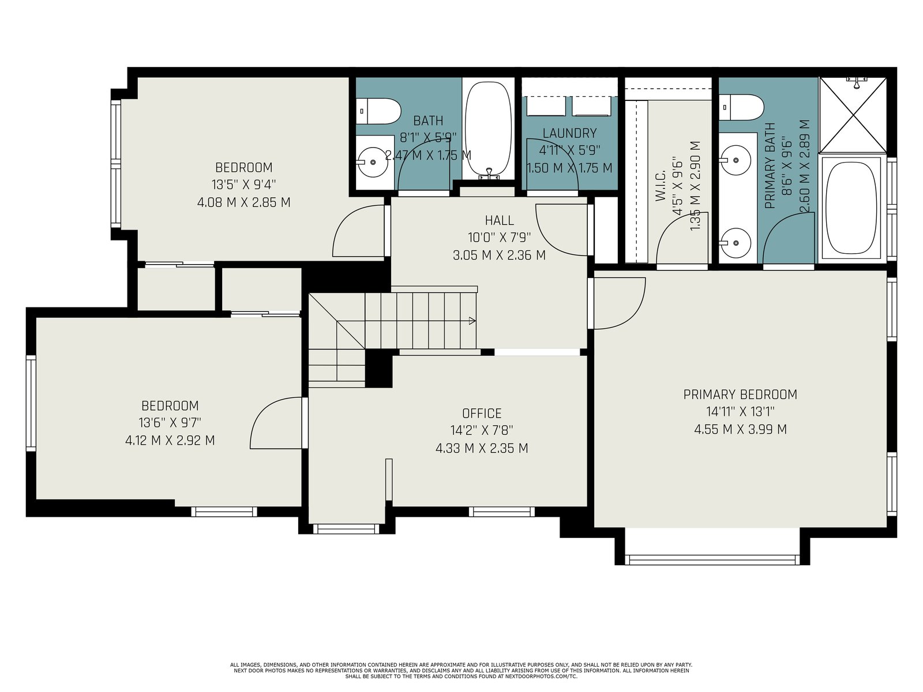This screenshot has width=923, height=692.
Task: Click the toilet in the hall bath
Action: tap(378, 111)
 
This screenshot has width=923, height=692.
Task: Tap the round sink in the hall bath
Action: tap(373, 162)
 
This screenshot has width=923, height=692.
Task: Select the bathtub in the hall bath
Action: tap(489, 129)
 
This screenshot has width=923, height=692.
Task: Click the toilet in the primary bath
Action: tap(741, 107)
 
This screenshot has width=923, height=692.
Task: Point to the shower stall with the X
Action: tap(853, 115)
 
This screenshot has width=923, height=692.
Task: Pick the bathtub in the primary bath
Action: tap(851, 208)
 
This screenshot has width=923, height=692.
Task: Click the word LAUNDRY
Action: tap(569, 133)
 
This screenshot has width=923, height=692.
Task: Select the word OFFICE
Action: tap(482, 413)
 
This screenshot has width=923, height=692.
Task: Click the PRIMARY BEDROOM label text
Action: tap(740, 394)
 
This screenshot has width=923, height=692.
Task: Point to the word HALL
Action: tap(499, 220)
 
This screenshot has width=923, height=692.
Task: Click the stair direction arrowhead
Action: tap(472, 321)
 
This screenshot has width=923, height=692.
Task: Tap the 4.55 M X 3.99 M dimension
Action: tap(740, 430)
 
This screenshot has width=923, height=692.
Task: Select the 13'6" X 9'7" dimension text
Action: tap(170, 422)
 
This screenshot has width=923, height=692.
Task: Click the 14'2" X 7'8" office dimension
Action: tap(482, 431)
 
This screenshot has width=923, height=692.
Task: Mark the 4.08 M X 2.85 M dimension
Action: tap(243, 202)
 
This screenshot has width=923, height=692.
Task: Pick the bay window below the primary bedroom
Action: tap(712, 559)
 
